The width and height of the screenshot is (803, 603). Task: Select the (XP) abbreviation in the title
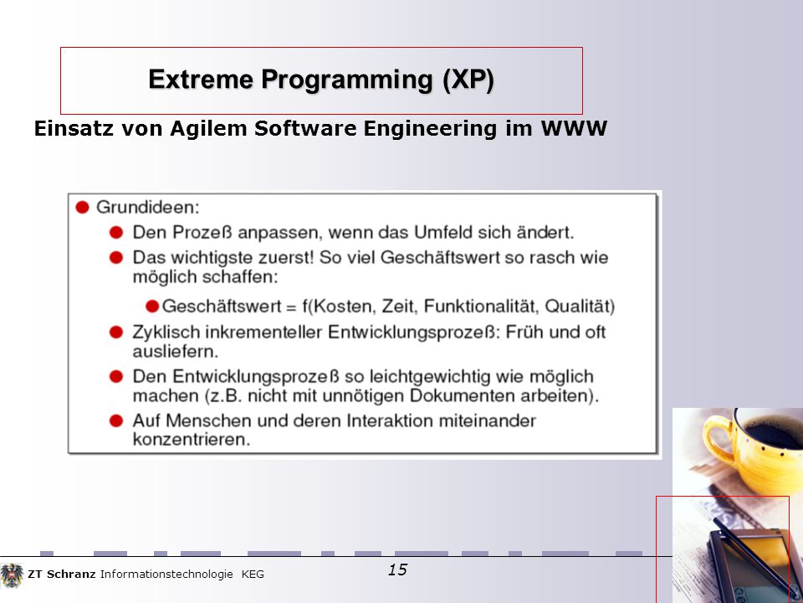click(x=468, y=80)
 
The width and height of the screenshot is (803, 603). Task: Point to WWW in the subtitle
click(x=574, y=128)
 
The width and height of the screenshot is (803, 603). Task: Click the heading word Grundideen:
click(x=147, y=207)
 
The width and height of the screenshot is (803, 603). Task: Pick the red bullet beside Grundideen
click(x=83, y=207)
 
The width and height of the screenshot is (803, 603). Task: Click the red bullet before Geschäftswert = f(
click(x=152, y=307)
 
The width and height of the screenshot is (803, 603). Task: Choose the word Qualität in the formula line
click(x=577, y=307)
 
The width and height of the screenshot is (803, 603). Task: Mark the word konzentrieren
click(x=192, y=440)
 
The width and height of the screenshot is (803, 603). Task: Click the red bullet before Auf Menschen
click(x=116, y=421)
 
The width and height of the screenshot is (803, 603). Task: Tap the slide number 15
click(x=397, y=569)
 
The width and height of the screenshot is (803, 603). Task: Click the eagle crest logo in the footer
click(x=12, y=575)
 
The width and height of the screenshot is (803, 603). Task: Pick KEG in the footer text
click(x=253, y=575)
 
